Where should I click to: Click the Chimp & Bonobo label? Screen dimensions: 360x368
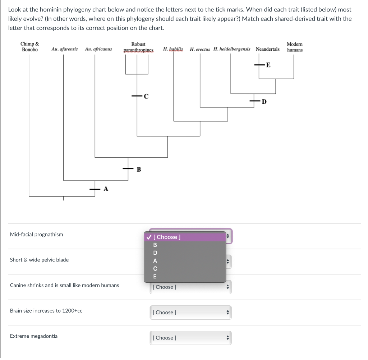pyautogui.click(x=29, y=47)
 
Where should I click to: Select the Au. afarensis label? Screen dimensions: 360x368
pyautogui.click(x=64, y=49)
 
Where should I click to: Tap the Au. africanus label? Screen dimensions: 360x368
pyautogui.click(x=98, y=49)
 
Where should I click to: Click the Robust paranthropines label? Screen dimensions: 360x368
pyautogui.click(x=138, y=47)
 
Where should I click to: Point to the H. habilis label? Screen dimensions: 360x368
pyautogui.click(x=173, y=49)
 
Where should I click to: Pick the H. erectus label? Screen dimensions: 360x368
pyautogui.click(x=200, y=49)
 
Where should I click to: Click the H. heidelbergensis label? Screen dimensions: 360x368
pyautogui.click(x=232, y=49)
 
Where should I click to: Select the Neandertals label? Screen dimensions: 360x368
pyautogui.click(x=267, y=49)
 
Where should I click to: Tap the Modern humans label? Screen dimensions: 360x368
pyautogui.click(x=294, y=47)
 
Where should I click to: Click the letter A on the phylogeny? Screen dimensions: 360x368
pyautogui.click(x=106, y=189)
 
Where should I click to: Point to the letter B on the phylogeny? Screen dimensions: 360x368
pyautogui.click(x=139, y=169)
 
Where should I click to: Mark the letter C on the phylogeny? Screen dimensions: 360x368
pyautogui.click(x=146, y=96)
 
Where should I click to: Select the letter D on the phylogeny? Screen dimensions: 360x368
pyautogui.click(x=264, y=102)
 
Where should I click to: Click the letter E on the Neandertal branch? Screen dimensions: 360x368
pyautogui.click(x=268, y=65)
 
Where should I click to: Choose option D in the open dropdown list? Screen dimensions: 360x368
pyautogui.click(x=155, y=253)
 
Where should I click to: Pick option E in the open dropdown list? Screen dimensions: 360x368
pyautogui.click(x=155, y=276)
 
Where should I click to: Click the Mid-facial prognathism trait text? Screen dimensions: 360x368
pyautogui.click(x=36, y=234)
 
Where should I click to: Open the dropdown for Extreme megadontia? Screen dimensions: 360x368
pyautogui.click(x=190, y=338)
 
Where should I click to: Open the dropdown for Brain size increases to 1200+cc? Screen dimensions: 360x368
pyautogui.click(x=190, y=312)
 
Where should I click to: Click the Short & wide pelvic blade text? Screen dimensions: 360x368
pyautogui.click(x=39, y=260)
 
